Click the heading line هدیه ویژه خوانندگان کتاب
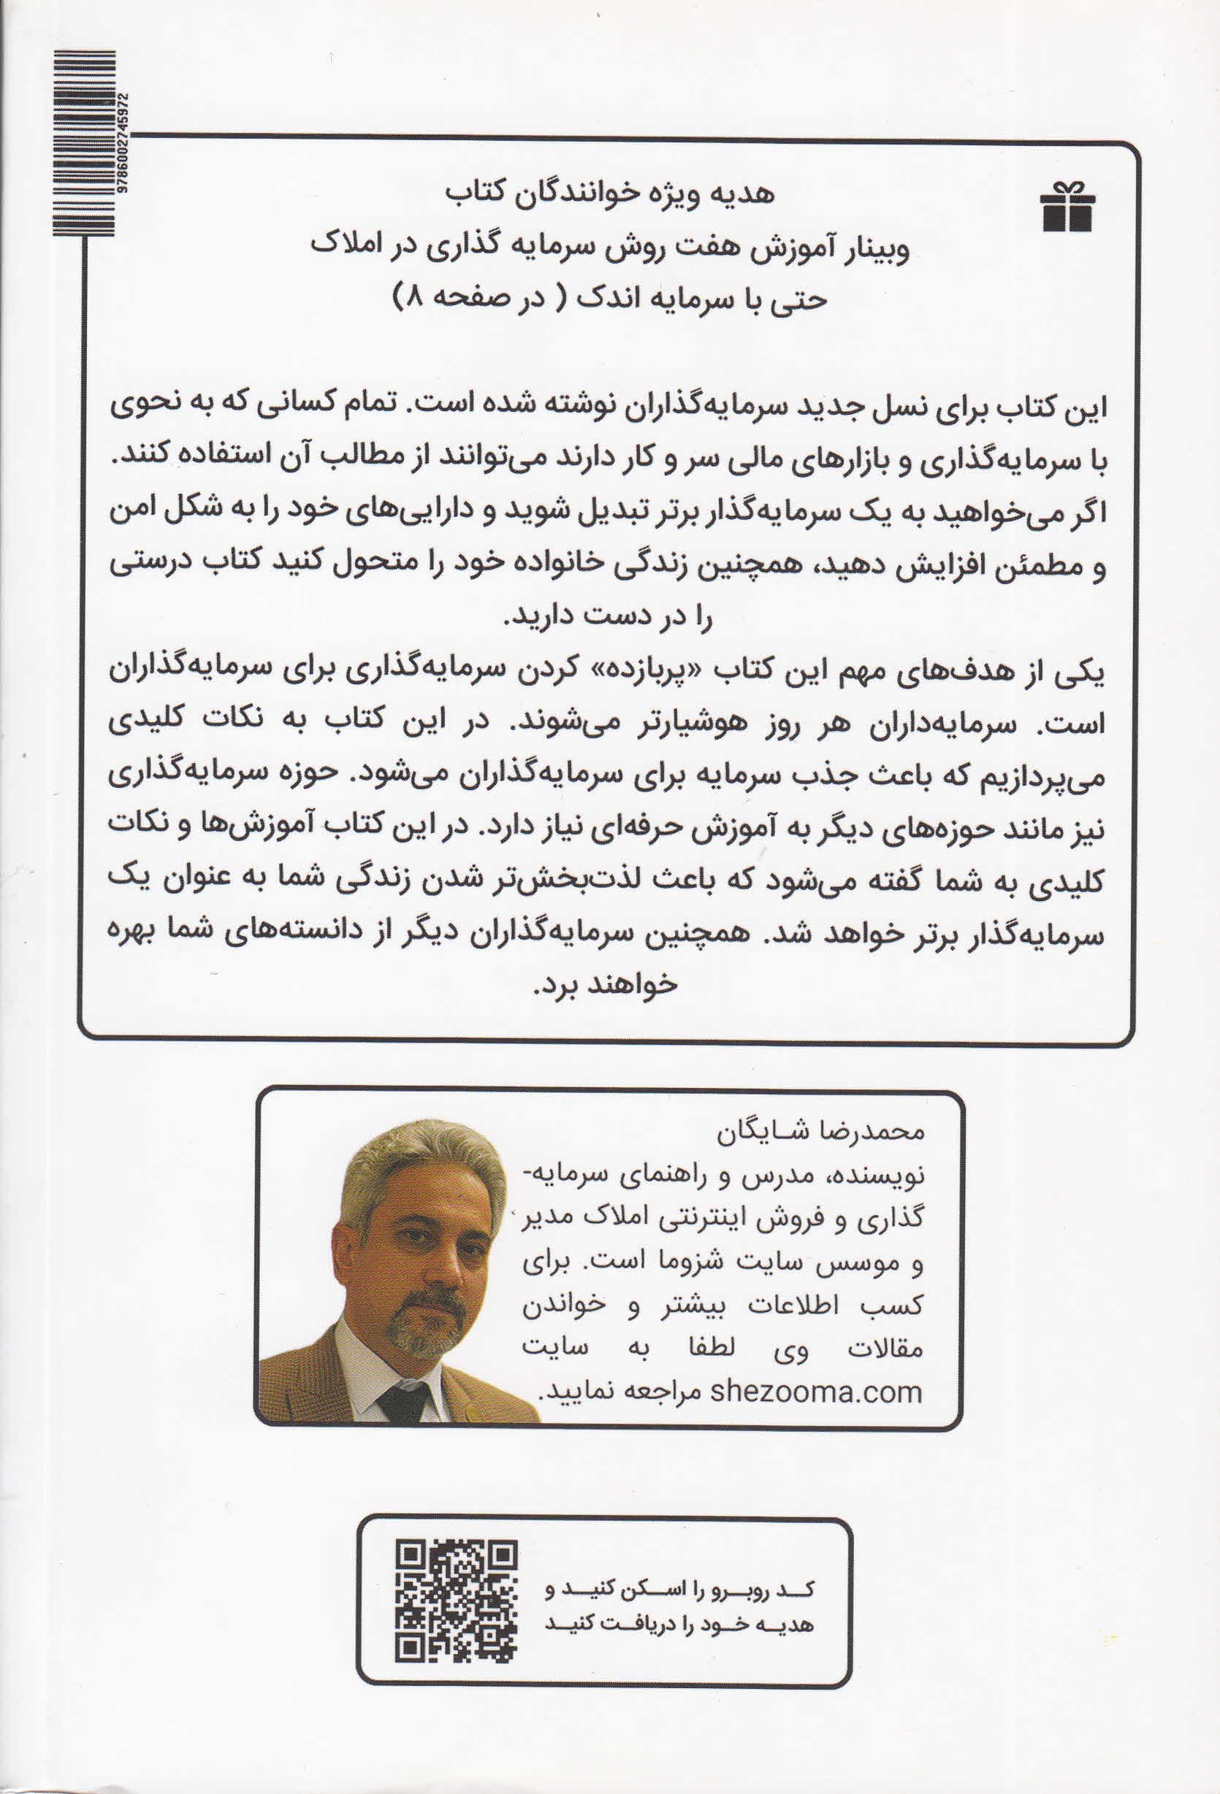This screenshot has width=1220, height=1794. [610, 193]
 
